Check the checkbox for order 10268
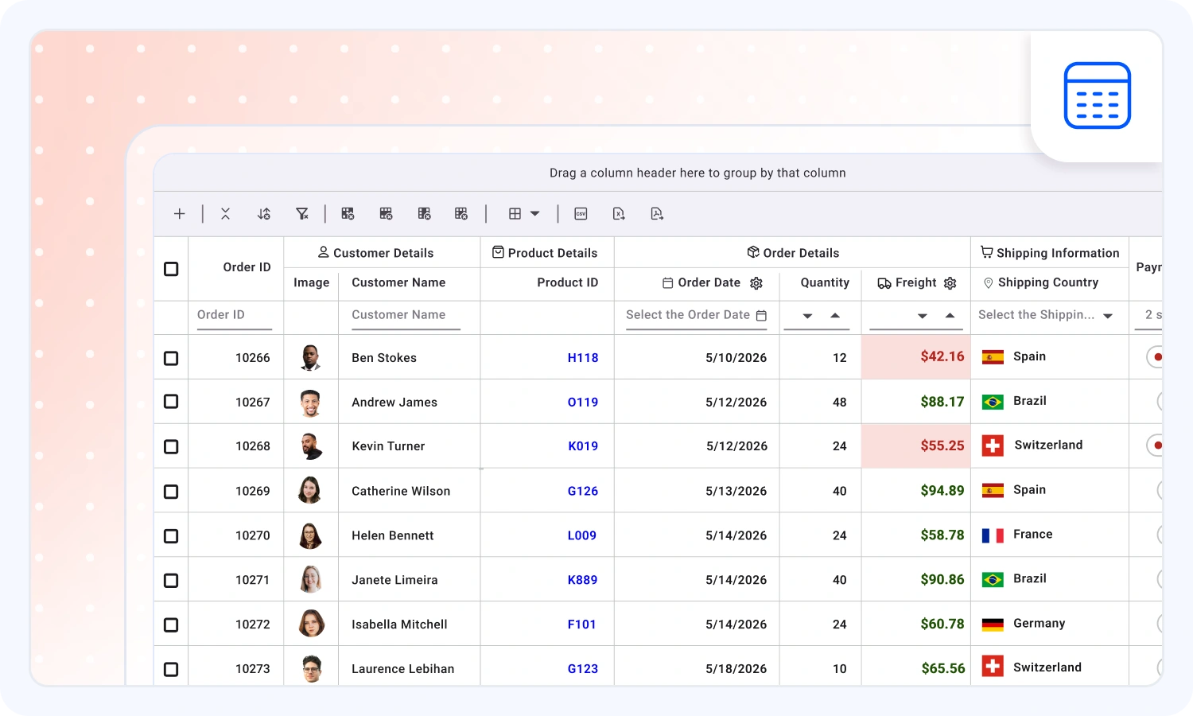[x=171, y=446]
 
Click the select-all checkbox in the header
[x=171, y=269]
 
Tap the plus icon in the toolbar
[x=180, y=214]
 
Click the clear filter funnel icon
[x=302, y=214]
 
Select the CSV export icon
[x=581, y=214]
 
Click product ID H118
[x=583, y=357]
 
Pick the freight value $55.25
[x=942, y=446]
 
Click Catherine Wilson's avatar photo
[x=310, y=490]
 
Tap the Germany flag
[x=993, y=624]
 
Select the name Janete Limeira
[x=394, y=580]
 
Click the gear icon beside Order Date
[x=756, y=283]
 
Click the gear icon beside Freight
[x=950, y=283]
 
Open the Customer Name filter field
[x=406, y=315]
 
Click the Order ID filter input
[x=235, y=315]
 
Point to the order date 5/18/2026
[x=736, y=668]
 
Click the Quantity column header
[x=825, y=282]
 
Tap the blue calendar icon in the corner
[x=1097, y=95]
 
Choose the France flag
[x=993, y=535]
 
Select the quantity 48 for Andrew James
[x=839, y=403]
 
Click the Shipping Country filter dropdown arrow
[x=1108, y=316]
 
